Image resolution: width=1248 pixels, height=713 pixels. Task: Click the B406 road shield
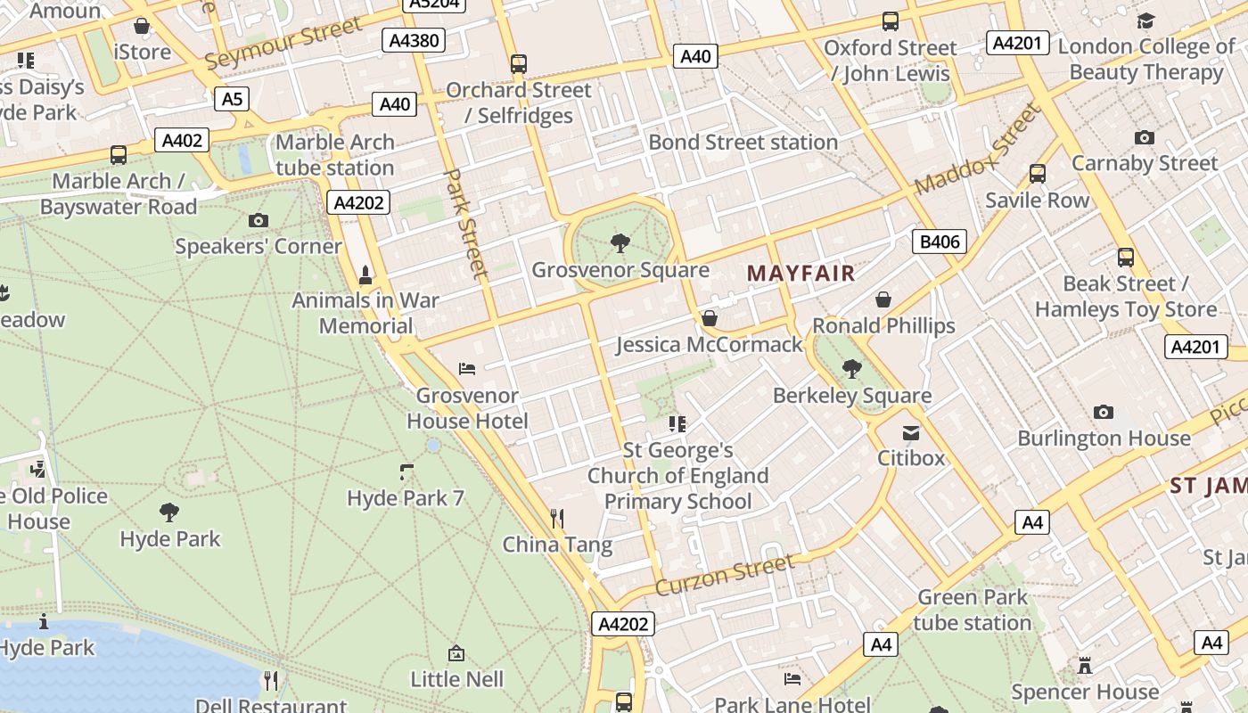(940, 241)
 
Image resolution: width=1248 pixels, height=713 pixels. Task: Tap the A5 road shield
(231, 98)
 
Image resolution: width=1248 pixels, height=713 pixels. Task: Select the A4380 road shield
(413, 40)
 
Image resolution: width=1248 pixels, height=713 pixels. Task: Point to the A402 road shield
(182, 140)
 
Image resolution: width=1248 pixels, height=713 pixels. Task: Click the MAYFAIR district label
(801, 274)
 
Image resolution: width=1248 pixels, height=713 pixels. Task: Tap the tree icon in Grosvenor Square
(620, 242)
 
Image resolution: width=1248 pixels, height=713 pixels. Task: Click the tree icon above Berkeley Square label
(852, 368)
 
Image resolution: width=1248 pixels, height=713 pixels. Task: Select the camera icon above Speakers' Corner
(259, 220)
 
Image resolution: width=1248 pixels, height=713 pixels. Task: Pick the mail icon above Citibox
(911, 433)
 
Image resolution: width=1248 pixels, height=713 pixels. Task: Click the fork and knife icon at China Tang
(557, 518)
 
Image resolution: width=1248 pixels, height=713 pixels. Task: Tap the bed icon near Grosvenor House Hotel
(467, 368)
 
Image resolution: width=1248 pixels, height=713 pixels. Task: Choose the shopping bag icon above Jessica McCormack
(710, 318)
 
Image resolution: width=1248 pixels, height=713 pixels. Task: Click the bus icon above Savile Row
(1037, 174)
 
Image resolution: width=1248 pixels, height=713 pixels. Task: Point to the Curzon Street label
(724, 575)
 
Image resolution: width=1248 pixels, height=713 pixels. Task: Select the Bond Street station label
(743, 143)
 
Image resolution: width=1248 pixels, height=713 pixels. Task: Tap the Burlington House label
(1104, 438)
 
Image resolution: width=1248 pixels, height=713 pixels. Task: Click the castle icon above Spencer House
(1085, 666)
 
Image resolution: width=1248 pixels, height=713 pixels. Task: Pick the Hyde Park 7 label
(406, 498)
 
